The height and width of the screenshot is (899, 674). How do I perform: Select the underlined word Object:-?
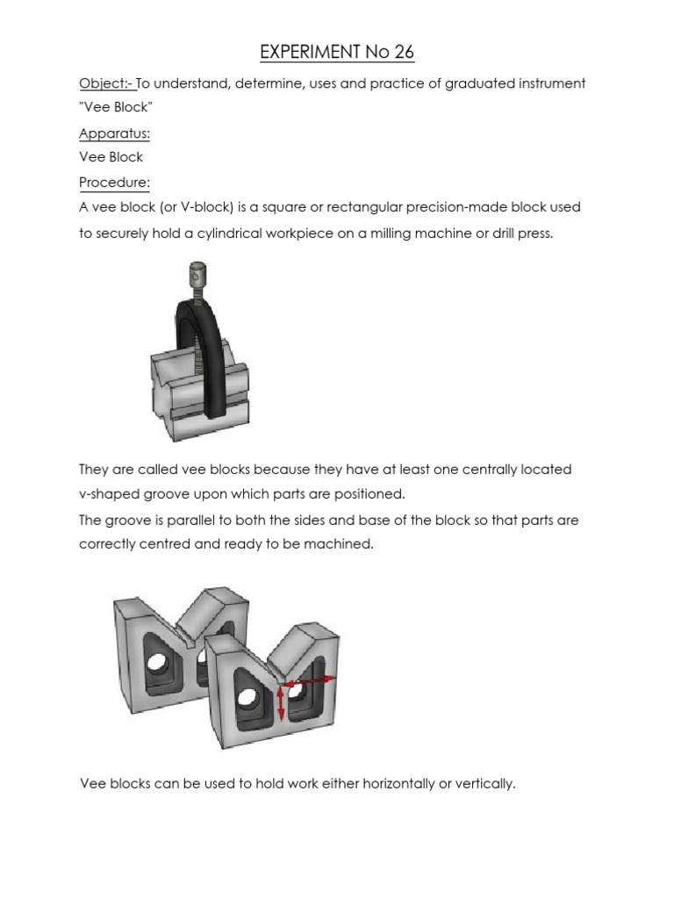106,83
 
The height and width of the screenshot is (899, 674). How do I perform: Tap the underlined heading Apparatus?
114,133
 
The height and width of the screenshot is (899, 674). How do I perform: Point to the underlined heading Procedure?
114,183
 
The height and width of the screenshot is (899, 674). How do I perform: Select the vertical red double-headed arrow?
281,702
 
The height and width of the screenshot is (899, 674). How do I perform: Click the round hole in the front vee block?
247,699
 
